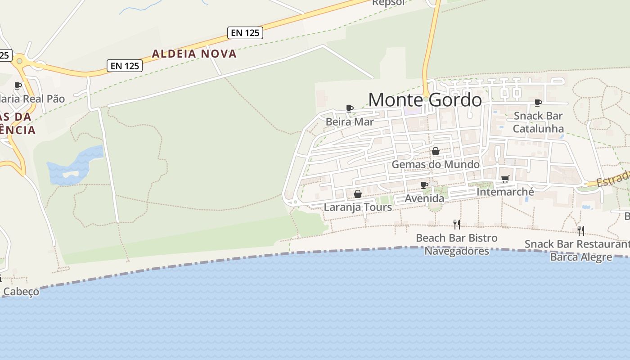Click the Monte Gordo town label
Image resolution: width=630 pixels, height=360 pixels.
[425, 99]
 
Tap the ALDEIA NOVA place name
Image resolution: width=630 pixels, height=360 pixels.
[194, 54]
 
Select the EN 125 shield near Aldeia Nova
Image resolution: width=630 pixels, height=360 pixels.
[125, 66]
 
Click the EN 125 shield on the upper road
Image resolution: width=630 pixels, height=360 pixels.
[245, 32]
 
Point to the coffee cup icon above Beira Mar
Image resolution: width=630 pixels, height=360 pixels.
[349, 108]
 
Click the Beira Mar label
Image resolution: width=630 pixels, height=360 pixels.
[350, 121]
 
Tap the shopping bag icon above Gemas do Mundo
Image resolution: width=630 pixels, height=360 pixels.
[435, 151]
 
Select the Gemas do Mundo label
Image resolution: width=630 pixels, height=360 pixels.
[435, 164]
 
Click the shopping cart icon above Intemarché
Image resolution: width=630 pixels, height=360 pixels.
[505, 179]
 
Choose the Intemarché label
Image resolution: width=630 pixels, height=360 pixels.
[505, 192]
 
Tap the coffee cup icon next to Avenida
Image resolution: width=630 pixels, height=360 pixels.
[424, 185]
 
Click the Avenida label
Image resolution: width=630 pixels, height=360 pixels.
[424, 198]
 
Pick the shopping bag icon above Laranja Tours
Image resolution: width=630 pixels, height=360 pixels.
[357, 194]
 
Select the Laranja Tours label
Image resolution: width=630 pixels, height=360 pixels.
[358, 207]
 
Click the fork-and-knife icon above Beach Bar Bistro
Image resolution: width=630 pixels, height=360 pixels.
[457, 224]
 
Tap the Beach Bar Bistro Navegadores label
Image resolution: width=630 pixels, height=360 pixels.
[457, 244]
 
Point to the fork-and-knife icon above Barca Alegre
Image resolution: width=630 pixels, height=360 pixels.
[581, 230]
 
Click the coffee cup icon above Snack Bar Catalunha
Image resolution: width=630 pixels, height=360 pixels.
[538, 103]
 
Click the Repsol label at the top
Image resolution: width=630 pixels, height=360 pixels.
[388, 3]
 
